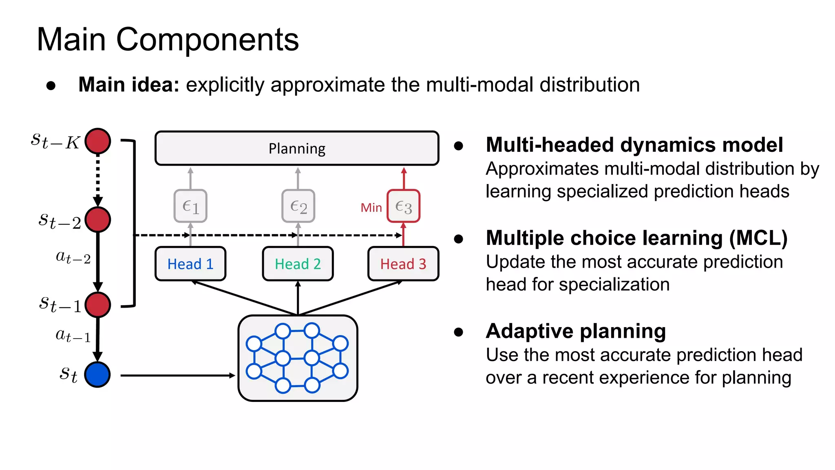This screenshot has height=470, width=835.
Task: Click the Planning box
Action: pos(297,148)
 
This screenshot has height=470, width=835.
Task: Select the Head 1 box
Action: pos(190,264)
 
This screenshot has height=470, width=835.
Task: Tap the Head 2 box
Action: pos(298,264)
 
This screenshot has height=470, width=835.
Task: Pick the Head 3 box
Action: pos(403,264)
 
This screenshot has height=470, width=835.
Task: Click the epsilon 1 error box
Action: pos(190,206)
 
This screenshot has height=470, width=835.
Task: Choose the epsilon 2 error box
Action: pos(298,206)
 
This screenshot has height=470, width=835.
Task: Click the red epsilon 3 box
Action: pos(403,206)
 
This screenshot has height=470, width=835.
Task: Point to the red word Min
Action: pos(371,208)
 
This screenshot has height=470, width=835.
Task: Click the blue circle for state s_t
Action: pos(97,375)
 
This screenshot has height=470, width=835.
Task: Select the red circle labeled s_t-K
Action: pos(97,141)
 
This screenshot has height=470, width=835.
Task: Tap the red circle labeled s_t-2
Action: pos(97,219)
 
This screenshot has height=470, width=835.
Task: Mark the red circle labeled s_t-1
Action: pos(97,305)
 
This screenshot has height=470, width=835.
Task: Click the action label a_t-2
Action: pos(73,257)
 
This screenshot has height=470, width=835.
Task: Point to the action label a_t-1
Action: pos(73,336)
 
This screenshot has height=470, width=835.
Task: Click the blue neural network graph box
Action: pos(298,358)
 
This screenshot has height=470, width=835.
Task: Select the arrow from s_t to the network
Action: pos(177,375)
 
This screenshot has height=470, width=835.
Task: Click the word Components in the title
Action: pos(208,40)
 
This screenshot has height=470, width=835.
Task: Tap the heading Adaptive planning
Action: pos(576,331)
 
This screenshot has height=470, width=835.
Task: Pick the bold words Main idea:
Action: pos(129,85)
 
